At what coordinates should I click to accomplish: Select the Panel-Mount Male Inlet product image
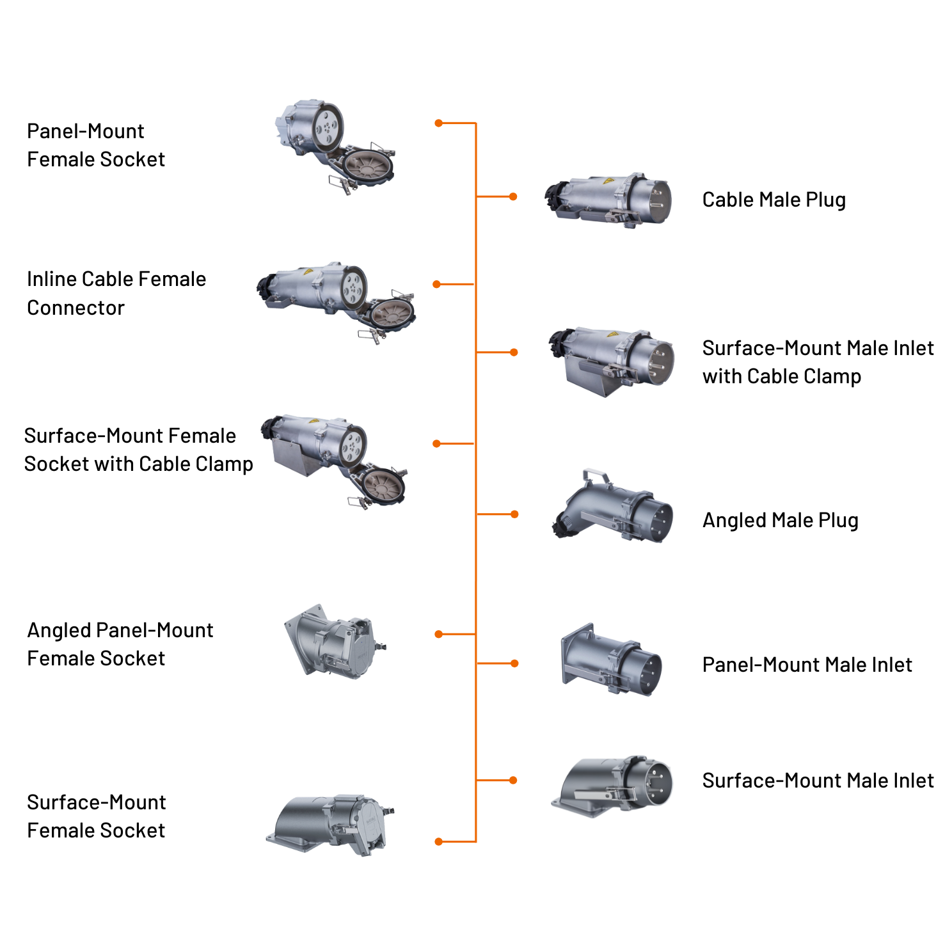coord(611,660)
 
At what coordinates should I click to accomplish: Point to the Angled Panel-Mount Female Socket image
coord(335,641)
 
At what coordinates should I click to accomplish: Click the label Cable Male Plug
coord(773,200)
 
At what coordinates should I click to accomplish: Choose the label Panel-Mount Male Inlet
coord(807,665)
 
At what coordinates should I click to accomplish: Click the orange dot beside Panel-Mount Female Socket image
coord(438,123)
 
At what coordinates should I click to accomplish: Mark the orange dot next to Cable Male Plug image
coord(513,196)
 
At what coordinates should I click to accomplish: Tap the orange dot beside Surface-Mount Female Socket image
coord(438,841)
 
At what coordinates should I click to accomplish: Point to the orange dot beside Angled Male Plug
coord(514,514)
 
